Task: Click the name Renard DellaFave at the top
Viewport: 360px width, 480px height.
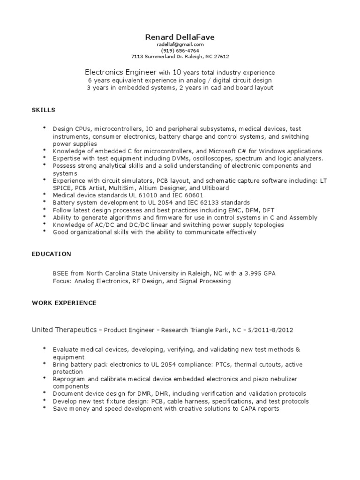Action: click(180, 37)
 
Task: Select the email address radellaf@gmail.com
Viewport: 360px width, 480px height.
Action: click(180, 44)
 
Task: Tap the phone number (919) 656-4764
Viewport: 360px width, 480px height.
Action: click(180, 50)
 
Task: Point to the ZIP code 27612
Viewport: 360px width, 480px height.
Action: click(221, 56)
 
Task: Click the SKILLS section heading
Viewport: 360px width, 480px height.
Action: click(43, 110)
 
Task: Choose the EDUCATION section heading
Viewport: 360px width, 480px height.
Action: click(51, 254)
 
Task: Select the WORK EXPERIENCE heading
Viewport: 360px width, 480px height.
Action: click(64, 303)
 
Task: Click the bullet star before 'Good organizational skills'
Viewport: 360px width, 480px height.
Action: click(45, 232)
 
